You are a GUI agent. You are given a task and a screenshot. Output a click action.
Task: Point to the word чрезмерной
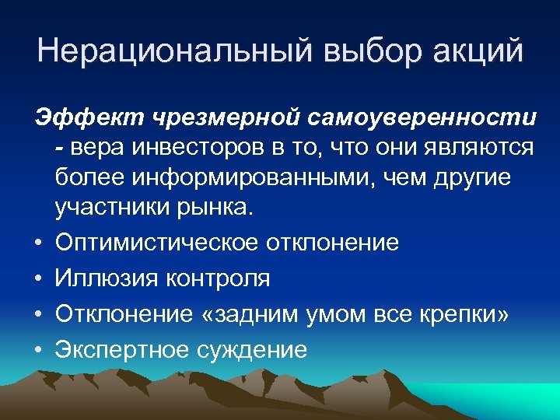point(228,118)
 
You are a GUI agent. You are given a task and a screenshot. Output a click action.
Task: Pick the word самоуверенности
point(425,118)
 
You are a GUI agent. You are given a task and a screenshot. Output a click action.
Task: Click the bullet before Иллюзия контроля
point(38,278)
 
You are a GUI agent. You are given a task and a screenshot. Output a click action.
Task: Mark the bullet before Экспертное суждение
point(38,351)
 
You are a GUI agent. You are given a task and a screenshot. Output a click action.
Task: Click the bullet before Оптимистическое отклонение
point(38,243)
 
